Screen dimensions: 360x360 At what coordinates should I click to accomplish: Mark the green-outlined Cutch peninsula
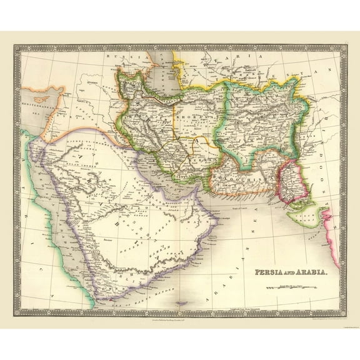pyautogui.click(x=300, y=216)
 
